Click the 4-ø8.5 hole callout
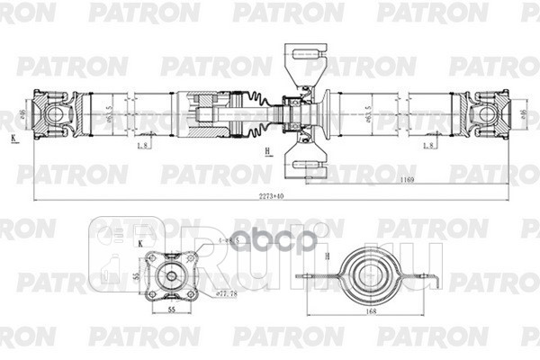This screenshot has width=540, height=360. [214, 242]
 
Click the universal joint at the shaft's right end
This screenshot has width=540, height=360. [490, 113]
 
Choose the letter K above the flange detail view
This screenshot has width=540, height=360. [140, 243]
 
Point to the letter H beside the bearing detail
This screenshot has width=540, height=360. [327, 256]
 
